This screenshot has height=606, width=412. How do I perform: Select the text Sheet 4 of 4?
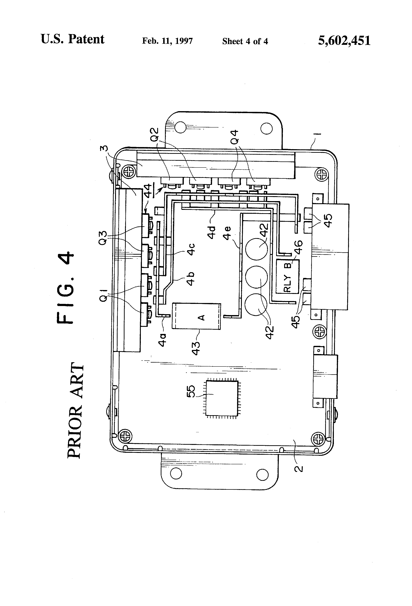[x=245, y=41]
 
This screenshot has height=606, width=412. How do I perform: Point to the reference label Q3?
[x=103, y=238]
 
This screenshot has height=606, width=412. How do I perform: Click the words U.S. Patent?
[x=73, y=39]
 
